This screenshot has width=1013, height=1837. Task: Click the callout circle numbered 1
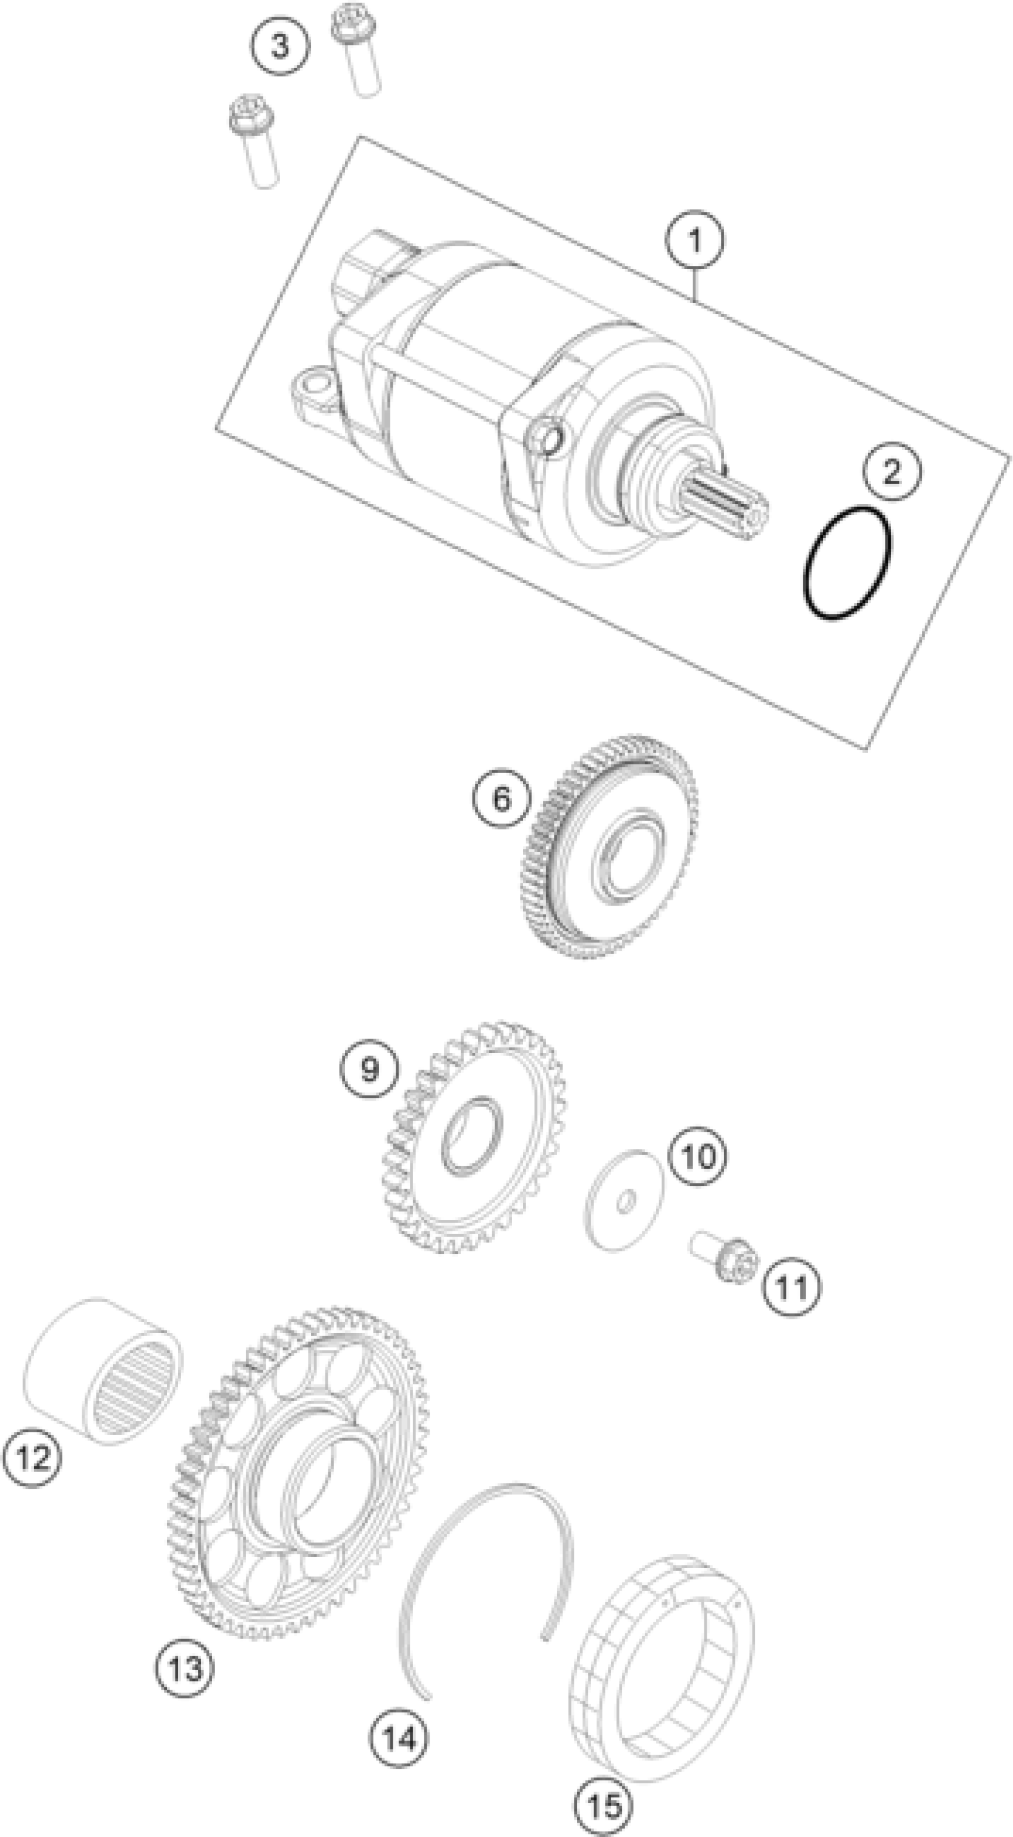694,240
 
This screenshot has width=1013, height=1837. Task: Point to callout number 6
502,799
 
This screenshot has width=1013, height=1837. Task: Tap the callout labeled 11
792,1288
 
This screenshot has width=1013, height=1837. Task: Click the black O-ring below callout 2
847,563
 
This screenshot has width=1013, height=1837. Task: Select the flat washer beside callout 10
623,1200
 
